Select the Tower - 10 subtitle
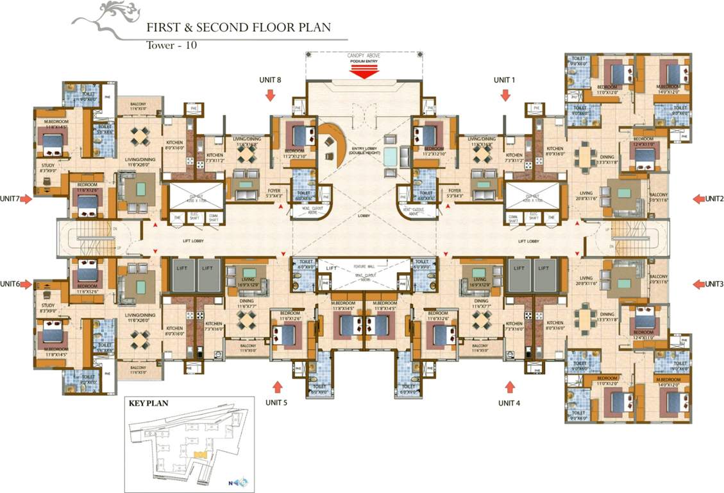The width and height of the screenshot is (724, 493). [172, 45]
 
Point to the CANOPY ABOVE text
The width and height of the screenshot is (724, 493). [364, 56]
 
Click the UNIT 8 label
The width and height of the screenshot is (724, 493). [270, 80]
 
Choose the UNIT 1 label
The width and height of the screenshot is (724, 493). [504, 80]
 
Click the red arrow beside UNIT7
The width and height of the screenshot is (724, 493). [26, 200]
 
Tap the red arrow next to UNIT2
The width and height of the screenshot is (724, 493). [698, 199]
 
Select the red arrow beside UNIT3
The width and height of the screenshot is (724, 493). [698, 284]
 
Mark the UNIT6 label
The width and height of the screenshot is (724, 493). [11, 284]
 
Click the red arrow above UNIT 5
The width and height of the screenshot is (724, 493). [278, 386]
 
